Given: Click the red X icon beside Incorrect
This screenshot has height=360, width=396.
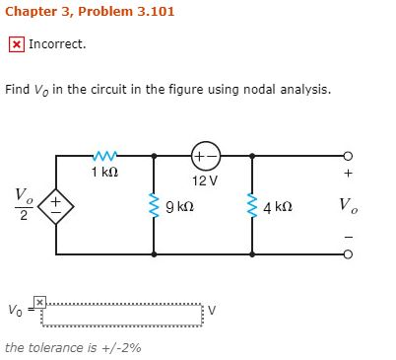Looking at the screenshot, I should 17,44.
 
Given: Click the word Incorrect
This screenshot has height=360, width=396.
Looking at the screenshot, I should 57,44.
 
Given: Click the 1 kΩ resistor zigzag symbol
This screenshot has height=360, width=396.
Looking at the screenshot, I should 105,155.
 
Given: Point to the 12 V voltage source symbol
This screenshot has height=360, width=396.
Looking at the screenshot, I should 205,155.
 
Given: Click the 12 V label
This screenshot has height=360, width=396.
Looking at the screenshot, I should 205,180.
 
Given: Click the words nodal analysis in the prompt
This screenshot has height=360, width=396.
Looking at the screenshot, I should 285,90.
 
